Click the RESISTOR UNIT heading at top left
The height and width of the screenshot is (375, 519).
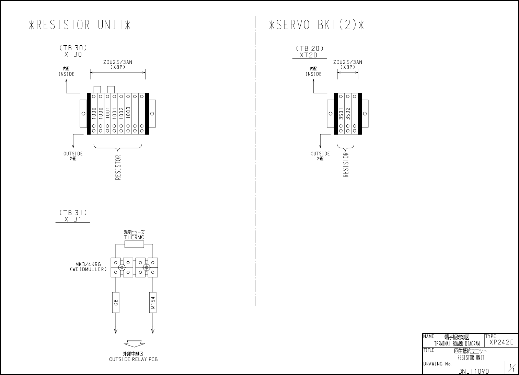click(x=80, y=25)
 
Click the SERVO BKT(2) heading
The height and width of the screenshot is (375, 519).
click(x=316, y=25)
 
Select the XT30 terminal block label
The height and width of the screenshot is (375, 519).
click(x=73, y=55)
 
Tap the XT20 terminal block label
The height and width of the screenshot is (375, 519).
click(x=309, y=55)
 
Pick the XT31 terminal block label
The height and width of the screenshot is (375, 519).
click(x=73, y=219)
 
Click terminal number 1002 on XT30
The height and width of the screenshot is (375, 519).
click(x=121, y=113)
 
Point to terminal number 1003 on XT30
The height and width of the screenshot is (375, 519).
click(x=128, y=113)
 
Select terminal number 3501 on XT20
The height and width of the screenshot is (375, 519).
click(x=341, y=114)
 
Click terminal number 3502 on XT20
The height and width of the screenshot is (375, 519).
click(x=348, y=113)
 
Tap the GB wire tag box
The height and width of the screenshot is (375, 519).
click(x=116, y=303)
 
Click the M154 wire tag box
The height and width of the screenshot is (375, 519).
click(x=153, y=303)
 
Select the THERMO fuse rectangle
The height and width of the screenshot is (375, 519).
click(x=134, y=244)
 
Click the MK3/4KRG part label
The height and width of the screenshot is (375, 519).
click(x=88, y=264)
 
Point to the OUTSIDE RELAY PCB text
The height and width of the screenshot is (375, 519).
click(x=134, y=360)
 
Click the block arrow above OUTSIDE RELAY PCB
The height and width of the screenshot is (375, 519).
click(x=134, y=343)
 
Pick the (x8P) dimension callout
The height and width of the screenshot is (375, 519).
click(x=118, y=67)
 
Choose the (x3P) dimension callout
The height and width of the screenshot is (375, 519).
click(x=347, y=67)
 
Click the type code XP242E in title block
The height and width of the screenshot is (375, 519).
click(x=501, y=342)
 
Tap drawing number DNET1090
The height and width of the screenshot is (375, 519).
click(x=474, y=371)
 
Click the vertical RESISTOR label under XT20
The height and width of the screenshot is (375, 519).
click(x=346, y=164)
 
